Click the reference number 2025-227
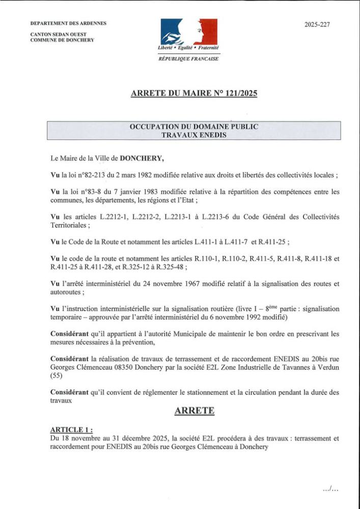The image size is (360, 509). (x=317, y=24)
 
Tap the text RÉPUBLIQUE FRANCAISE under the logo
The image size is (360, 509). (x=189, y=59)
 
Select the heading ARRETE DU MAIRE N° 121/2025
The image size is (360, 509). (x=194, y=93)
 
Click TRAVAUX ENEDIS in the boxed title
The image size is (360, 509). (x=194, y=135)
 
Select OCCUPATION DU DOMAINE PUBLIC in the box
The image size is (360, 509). (x=194, y=126)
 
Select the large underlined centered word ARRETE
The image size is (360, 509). (x=194, y=410)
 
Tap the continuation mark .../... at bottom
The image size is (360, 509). (x=330, y=489)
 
